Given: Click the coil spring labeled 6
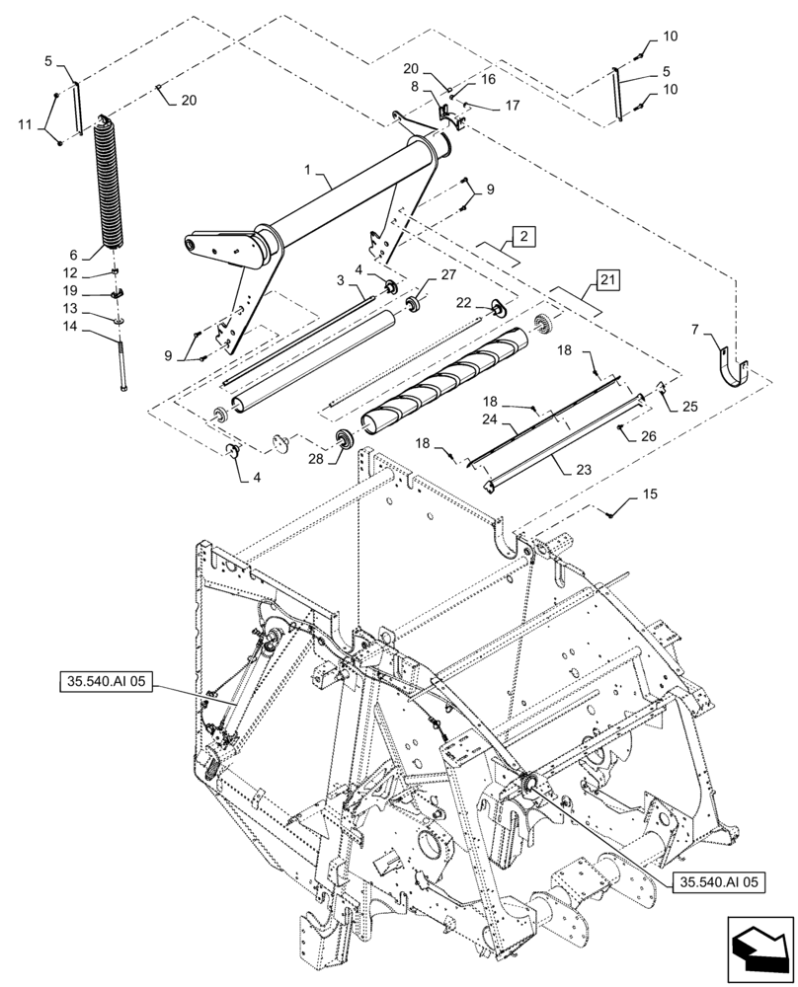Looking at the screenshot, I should (113, 188).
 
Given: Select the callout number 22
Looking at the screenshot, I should (464, 302).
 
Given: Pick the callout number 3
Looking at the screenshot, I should (338, 281).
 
